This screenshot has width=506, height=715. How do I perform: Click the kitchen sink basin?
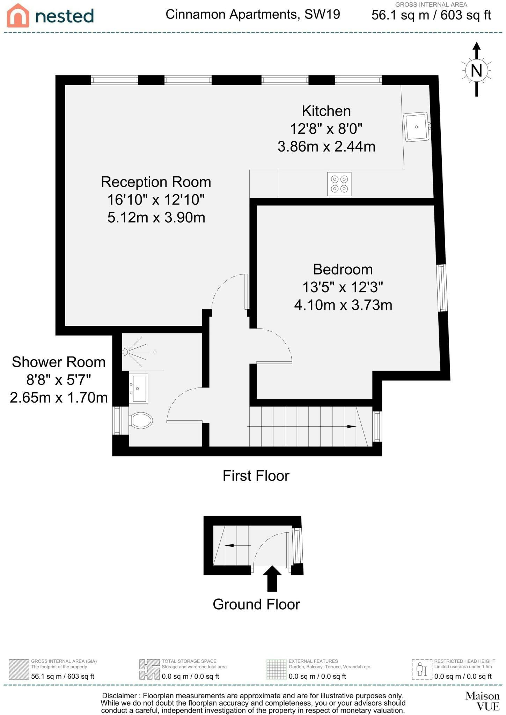coord(416,126)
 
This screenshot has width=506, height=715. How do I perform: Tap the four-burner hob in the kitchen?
coord(339,184)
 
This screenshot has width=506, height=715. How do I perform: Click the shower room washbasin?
coord(139,388)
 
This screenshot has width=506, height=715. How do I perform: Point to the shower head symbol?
coord(125,352)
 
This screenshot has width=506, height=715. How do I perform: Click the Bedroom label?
coord(343,270)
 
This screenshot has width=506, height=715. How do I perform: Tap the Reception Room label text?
coord(156,182)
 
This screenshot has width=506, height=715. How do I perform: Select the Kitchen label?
coord(327,111)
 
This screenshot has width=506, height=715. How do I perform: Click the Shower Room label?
coord(59,362)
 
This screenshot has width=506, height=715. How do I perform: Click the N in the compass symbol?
coord(477,71)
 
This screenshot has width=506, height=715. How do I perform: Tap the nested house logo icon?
coord(18,16)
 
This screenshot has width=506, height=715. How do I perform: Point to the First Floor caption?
coord(256,476)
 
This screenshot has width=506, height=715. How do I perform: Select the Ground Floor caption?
coord(256,604)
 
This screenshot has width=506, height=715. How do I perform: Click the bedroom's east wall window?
coord(442,288)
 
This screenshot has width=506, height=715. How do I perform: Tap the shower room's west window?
coord(117,420)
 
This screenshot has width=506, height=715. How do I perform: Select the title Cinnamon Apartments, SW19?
coord(253,14)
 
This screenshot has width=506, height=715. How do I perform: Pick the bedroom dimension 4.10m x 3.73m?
coord(343,305)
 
